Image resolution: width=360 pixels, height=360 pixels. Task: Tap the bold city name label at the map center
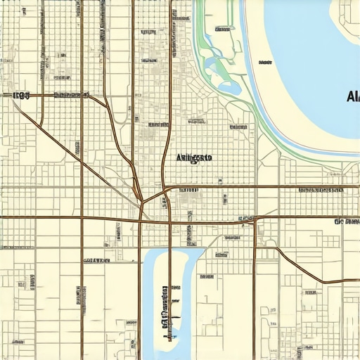193,158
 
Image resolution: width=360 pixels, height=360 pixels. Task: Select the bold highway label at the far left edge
21,95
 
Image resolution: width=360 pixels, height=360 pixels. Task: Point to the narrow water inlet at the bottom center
156,295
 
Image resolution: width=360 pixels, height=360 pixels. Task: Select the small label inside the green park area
222,30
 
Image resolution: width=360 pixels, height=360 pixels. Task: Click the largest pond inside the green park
229,87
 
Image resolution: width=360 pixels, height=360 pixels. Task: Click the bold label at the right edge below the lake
347,221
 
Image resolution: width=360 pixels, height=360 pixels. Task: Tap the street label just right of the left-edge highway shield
69,95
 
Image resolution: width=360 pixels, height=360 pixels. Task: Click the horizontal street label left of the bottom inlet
96,260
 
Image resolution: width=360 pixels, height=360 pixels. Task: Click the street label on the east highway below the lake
320,191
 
